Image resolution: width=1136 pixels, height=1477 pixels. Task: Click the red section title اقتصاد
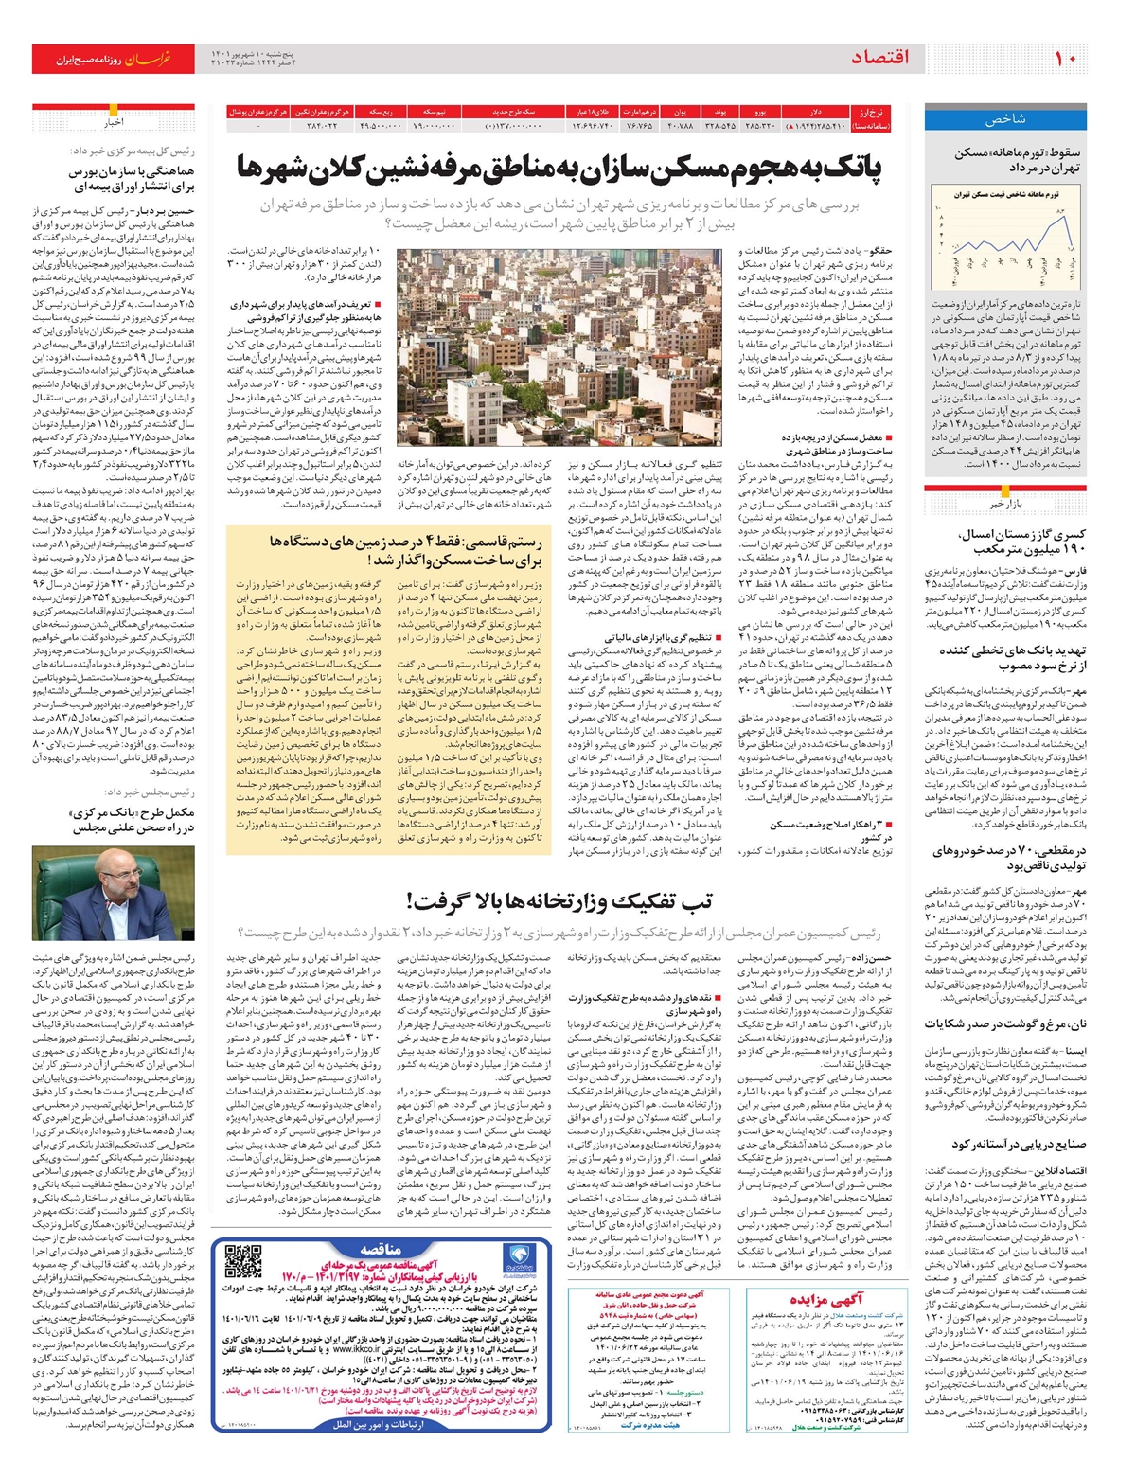[879, 59]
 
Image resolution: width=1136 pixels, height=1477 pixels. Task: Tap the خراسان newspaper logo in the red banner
[151, 60]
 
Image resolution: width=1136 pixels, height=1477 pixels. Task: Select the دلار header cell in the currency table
[814, 112]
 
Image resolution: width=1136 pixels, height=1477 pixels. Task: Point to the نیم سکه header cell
[435, 112]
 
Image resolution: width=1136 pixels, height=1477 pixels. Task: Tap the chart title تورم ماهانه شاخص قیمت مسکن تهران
[1006, 193]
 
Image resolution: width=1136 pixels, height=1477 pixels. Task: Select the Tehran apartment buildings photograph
[558, 347]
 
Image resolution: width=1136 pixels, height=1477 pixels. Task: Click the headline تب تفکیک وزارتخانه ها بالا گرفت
[559, 900]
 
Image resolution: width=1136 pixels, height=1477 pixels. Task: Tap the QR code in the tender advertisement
[244, 1263]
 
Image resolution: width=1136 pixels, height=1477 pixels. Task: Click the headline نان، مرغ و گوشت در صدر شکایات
[1005, 1024]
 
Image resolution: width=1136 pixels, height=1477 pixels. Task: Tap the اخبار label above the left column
[114, 123]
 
